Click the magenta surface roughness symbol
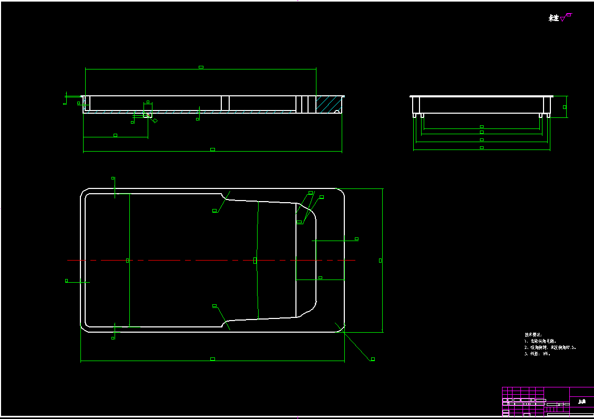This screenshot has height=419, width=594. (565, 17)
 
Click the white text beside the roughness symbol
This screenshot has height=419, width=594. (553, 18)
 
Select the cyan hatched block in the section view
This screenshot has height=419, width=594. (328, 104)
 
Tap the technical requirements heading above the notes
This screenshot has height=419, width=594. (532, 335)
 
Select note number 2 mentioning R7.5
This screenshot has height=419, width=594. (549, 347)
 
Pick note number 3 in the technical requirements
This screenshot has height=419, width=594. (537, 354)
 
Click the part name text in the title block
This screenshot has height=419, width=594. (581, 402)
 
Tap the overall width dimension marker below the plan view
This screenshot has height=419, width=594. (212, 359)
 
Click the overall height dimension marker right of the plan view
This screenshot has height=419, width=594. (381, 260)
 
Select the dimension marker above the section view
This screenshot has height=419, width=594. (201, 67)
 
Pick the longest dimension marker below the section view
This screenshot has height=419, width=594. (212, 149)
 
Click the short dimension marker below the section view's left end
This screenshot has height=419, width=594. (116, 135)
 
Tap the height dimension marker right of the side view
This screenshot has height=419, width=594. (565, 107)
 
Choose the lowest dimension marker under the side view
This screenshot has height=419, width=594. (482, 148)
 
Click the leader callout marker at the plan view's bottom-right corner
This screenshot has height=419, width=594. (373, 359)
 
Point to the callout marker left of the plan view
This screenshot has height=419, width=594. (66, 281)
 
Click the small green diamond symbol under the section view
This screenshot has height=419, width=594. (155, 121)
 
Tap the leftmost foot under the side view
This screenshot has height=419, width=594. (415, 115)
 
